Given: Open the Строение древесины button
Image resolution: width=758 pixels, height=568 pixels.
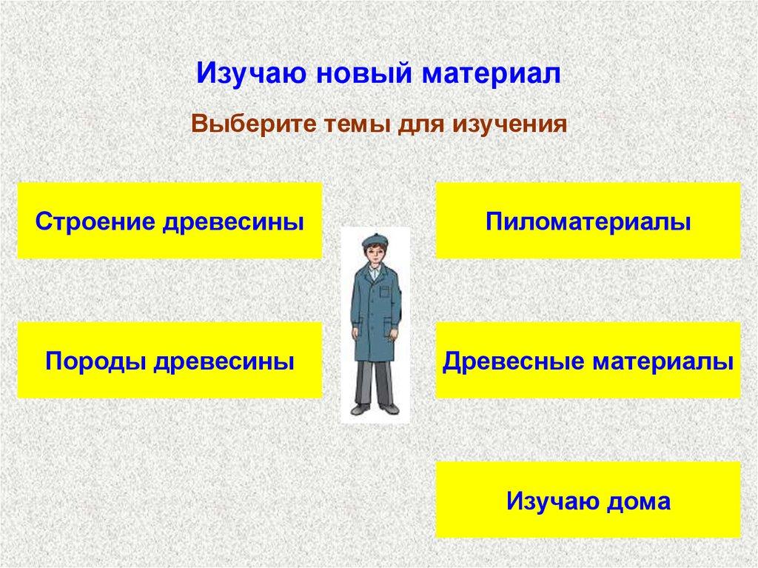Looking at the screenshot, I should (x=170, y=221).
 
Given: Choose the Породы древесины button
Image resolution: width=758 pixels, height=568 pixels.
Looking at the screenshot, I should (x=170, y=361).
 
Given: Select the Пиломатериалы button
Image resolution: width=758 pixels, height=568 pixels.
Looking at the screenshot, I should (x=588, y=221).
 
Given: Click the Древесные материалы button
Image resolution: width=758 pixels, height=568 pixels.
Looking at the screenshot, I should (x=588, y=361).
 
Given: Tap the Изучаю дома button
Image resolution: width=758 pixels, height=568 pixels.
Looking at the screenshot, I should (x=588, y=501).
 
